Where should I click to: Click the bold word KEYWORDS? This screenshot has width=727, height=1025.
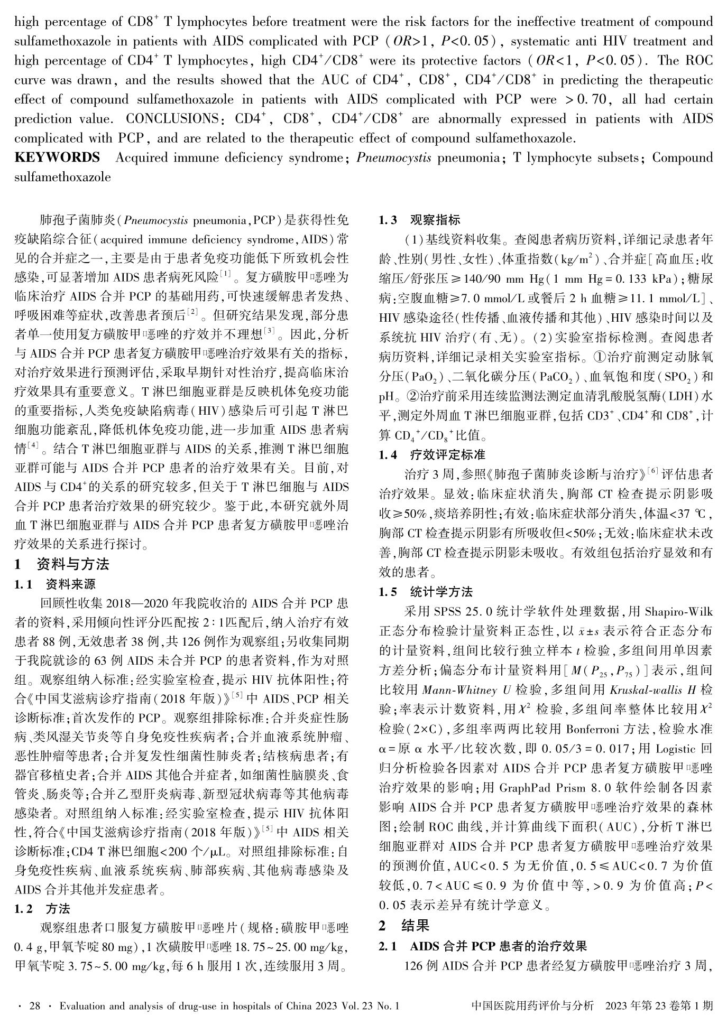[57, 157]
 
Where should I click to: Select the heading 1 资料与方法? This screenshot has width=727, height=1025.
[62, 564]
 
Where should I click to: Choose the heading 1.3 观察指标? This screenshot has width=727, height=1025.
[419, 220]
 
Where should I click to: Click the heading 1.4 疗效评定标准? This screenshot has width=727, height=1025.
[432, 454]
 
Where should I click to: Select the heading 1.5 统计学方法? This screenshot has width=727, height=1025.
[426, 592]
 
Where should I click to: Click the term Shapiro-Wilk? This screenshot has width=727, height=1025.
[678, 612]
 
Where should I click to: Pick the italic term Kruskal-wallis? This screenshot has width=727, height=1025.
[648, 690]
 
